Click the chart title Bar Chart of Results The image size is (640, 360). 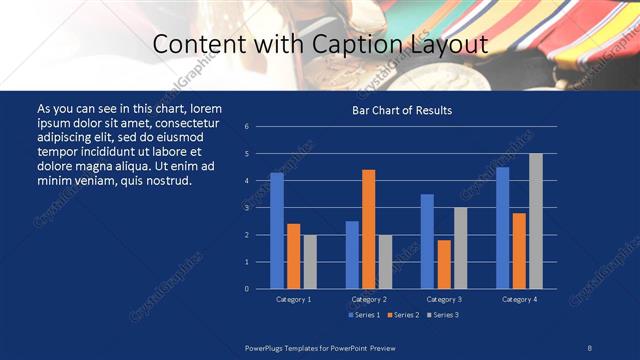(x=401, y=110)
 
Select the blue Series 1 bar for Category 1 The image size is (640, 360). (x=277, y=230)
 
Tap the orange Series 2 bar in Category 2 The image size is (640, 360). (x=368, y=229)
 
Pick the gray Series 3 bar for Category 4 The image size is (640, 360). (x=535, y=221)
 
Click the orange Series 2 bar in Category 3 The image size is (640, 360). (x=444, y=264)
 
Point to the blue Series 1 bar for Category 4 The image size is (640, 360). (x=502, y=227)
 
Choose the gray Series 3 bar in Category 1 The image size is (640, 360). (x=310, y=261)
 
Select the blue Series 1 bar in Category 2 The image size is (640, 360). (x=352, y=254)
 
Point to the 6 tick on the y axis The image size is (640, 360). (x=246, y=127)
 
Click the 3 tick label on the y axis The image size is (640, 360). (x=246, y=208)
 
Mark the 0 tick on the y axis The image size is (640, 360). (x=246, y=289)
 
